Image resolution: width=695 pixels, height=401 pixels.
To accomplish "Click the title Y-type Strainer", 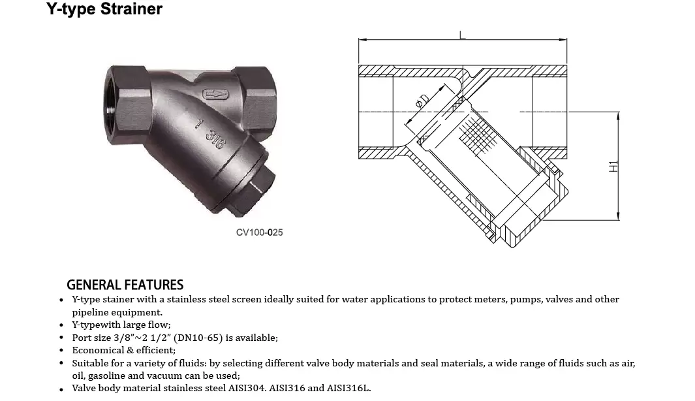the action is (104, 9).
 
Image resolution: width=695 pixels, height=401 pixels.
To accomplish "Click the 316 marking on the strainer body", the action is (215, 139).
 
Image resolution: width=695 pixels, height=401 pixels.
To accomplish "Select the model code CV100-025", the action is (259, 233).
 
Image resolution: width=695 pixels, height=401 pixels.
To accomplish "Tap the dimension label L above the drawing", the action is (463, 35).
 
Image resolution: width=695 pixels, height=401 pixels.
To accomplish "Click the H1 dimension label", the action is (613, 167).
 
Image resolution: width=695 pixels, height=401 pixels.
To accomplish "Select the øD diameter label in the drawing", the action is (422, 101).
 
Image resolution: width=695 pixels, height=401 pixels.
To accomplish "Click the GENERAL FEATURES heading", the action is (125, 285).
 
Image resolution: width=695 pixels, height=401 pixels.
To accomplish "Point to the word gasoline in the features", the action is (107, 376).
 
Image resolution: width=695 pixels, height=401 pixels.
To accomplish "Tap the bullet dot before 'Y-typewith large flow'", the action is (61, 326).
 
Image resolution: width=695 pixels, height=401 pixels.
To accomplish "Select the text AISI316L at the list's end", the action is (348, 388).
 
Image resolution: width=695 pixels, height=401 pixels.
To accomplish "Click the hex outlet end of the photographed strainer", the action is (255, 99).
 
